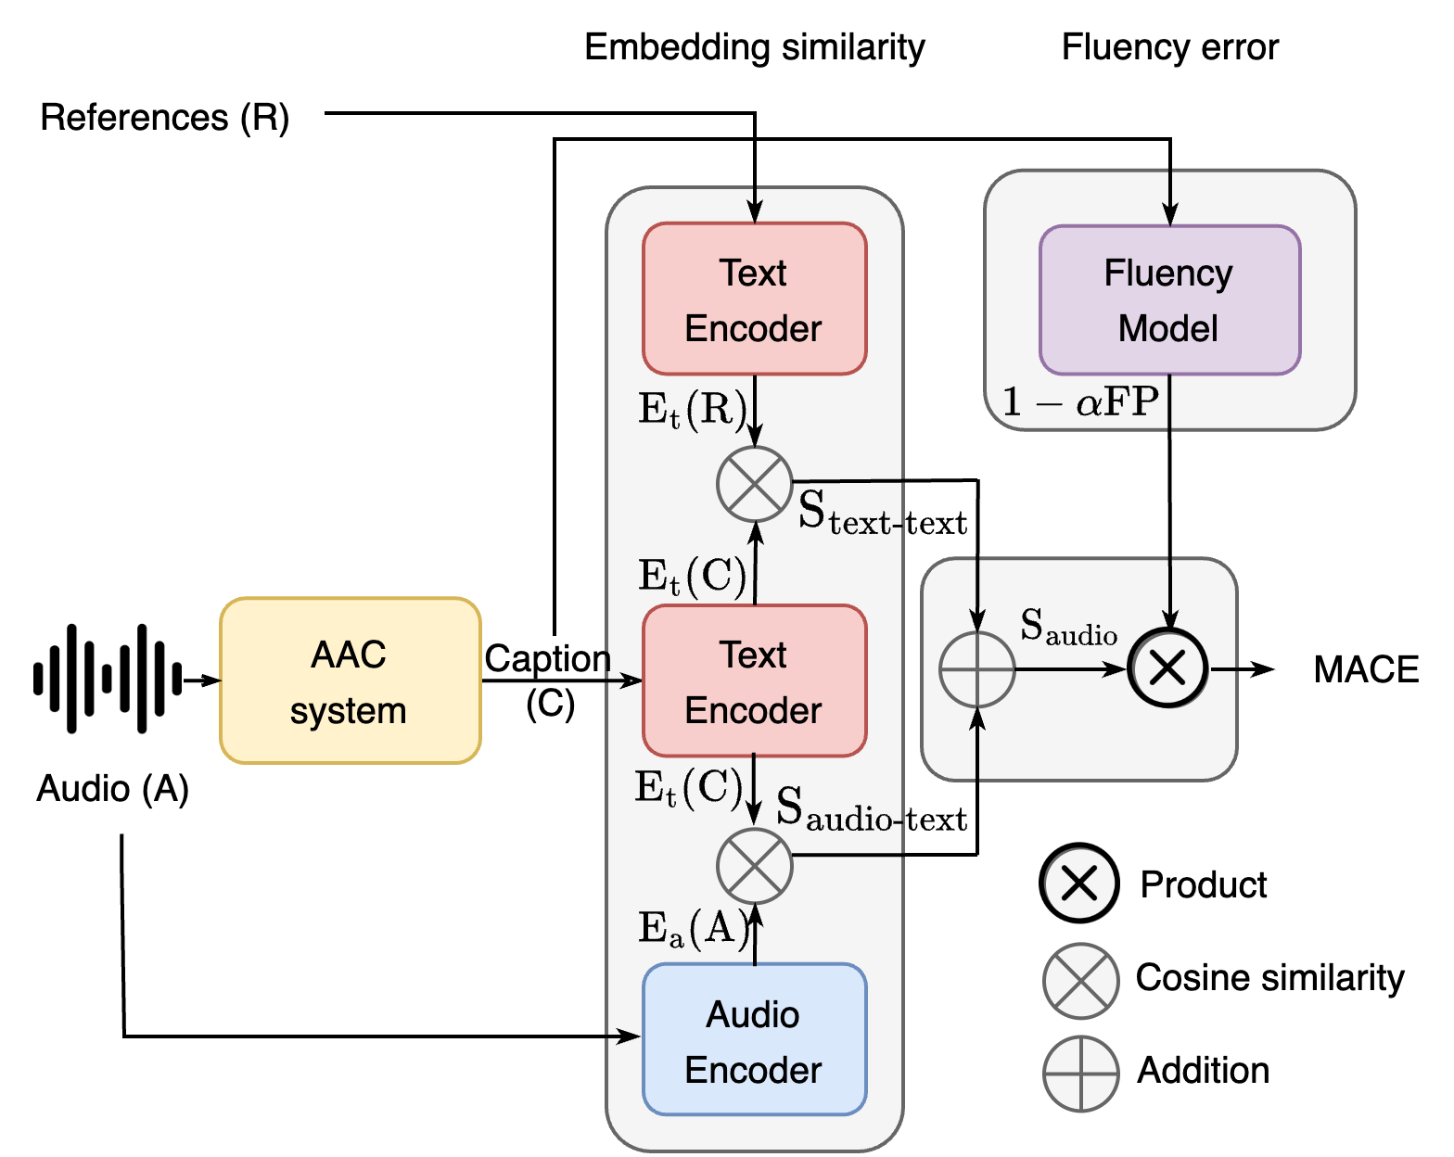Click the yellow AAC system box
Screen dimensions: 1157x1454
click(x=350, y=680)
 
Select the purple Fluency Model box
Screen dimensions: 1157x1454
click(x=1169, y=299)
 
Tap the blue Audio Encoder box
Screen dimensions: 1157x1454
click(x=754, y=1039)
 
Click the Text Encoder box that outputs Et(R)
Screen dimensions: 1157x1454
click(x=754, y=299)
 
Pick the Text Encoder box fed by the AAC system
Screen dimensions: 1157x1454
click(x=754, y=680)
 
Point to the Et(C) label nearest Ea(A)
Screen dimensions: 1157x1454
click(x=689, y=788)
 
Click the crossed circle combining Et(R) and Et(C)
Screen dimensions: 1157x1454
click(x=755, y=484)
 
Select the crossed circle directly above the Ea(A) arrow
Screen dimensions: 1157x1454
click(x=755, y=866)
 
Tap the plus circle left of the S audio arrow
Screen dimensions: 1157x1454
click(x=977, y=669)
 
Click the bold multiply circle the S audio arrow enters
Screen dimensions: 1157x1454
click(x=1168, y=667)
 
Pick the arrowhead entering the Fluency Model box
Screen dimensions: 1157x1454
click(x=1170, y=215)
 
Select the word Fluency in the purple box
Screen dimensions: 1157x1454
click(x=1168, y=273)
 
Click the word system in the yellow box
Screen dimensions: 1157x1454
click(x=348, y=711)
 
